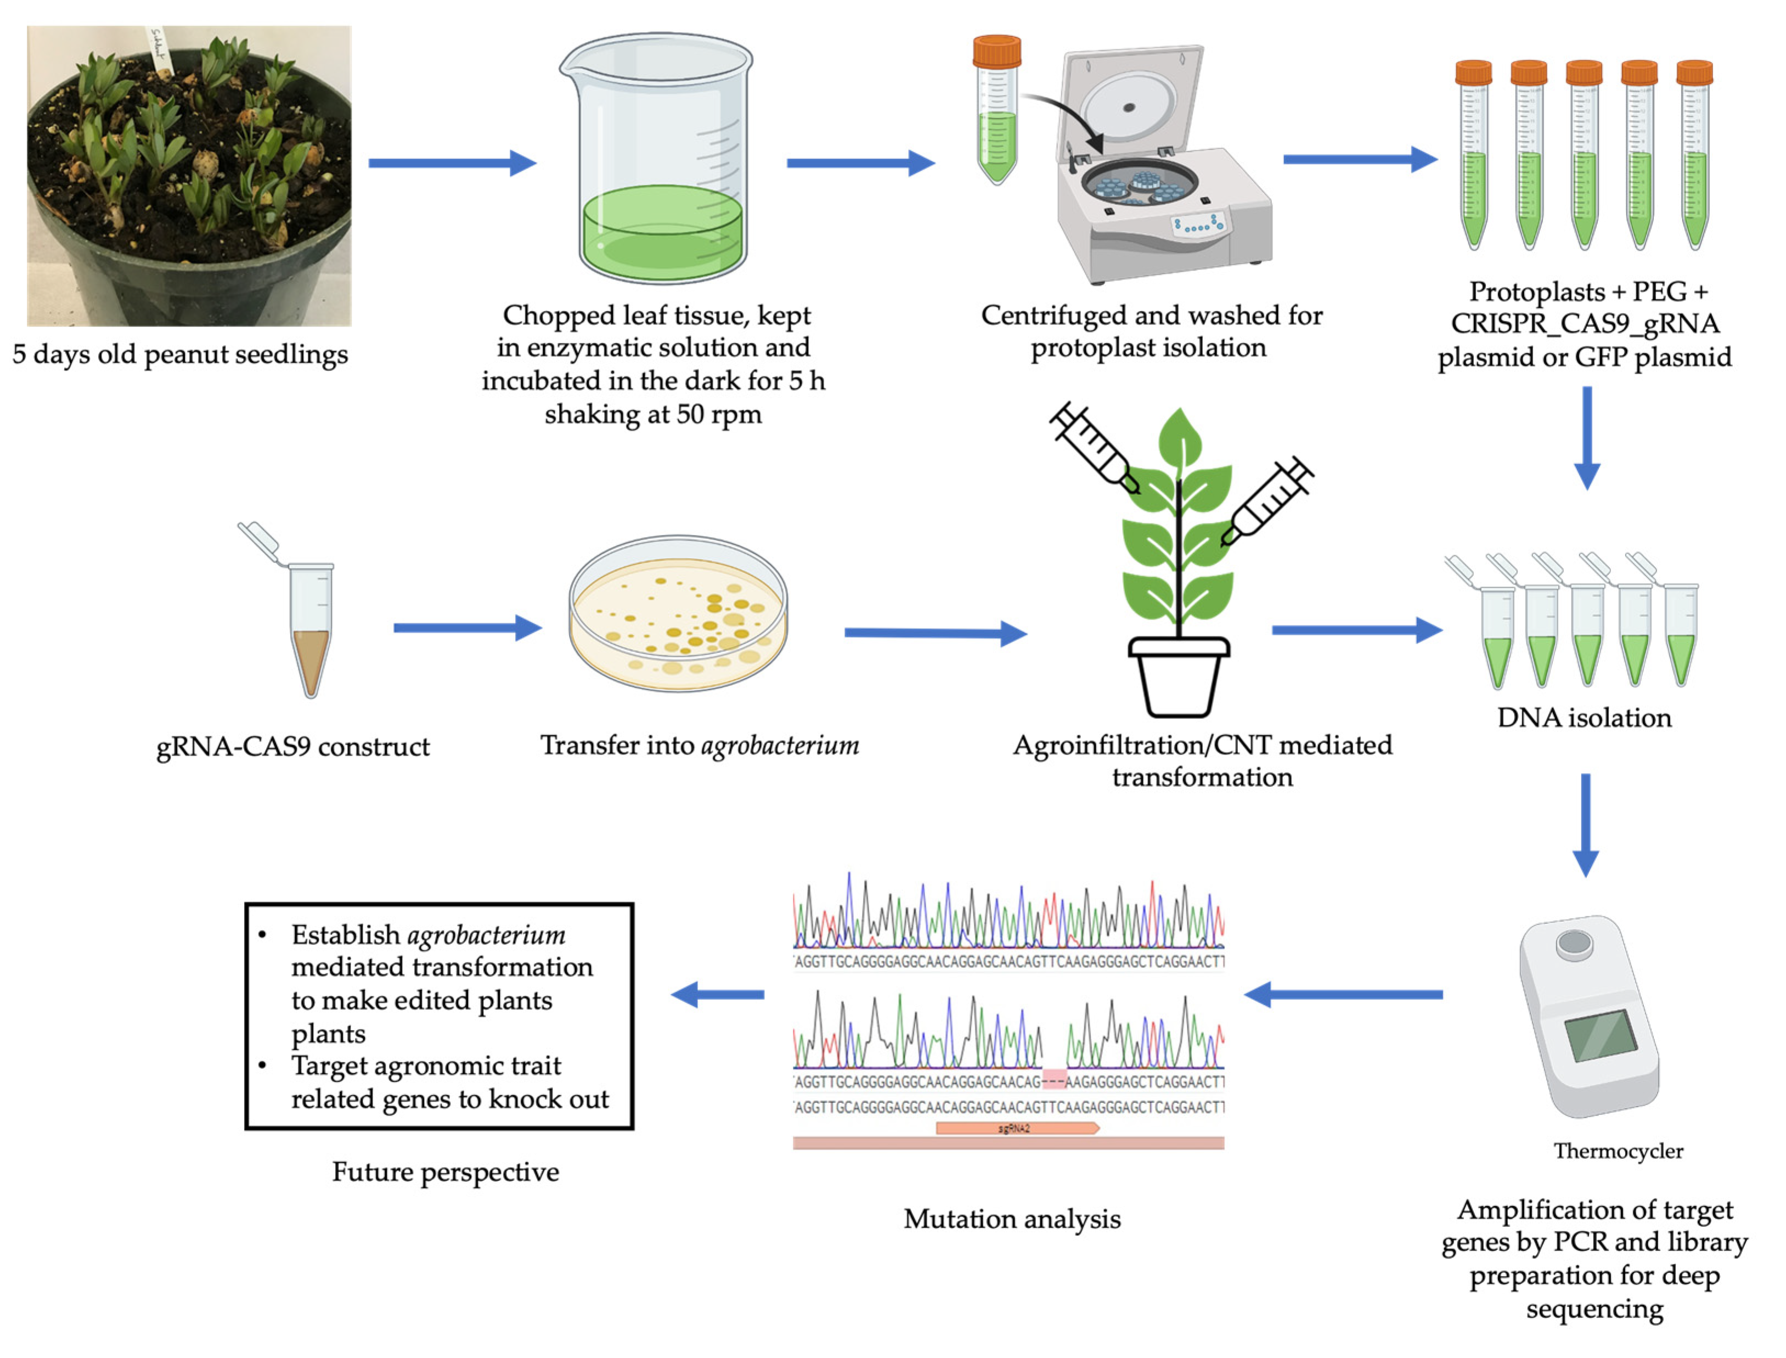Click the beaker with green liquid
(x=658, y=162)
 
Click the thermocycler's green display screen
(x=1599, y=1035)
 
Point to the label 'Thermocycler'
(x=1618, y=1150)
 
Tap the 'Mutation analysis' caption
(x=1012, y=1218)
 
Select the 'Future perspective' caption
(x=446, y=1171)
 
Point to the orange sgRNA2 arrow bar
(x=1017, y=1128)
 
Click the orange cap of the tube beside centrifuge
(x=996, y=51)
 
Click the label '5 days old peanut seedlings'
(x=179, y=354)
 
